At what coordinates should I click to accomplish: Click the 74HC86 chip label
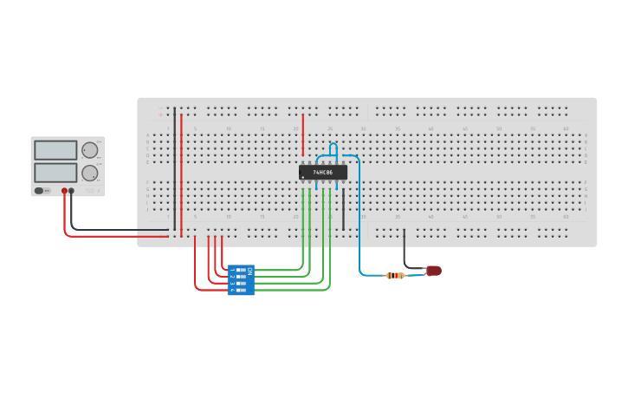tap(323, 173)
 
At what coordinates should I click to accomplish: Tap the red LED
tap(434, 271)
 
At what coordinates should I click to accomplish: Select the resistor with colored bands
tap(395, 275)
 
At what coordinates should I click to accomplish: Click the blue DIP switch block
tap(241, 280)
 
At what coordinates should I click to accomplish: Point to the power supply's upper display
tap(56, 150)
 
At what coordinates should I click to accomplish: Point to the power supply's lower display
tap(56, 173)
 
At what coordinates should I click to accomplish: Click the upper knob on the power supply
tap(89, 150)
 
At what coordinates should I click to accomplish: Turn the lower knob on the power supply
tap(89, 173)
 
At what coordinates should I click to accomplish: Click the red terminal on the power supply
tap(64, 191)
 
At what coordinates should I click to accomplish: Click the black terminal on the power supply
tap(72, 191)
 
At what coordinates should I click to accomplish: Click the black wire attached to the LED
tap(405, 247)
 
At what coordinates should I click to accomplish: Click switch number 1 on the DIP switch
tap(239, 270)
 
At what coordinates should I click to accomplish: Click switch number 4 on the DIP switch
tap(239, 289)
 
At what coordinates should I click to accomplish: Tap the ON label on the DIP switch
tap(249, 272)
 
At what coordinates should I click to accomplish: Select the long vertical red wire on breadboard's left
tap(181, 174)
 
